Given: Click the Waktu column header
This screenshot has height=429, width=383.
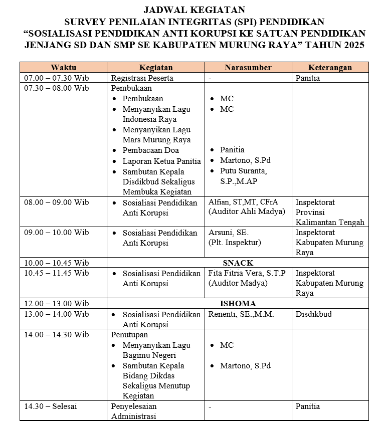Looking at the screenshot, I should click(63, 67).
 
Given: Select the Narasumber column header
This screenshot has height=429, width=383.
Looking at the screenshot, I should click(248, 67).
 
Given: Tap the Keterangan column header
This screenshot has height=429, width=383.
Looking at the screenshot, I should click(330, 67).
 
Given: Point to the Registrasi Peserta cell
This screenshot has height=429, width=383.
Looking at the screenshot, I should click(142, 78).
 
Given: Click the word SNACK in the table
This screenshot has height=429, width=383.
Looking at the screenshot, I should click(237, 263).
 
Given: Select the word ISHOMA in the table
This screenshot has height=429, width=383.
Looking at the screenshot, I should click(238, 304).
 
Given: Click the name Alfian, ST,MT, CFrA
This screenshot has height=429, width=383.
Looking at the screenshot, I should click(243, 202).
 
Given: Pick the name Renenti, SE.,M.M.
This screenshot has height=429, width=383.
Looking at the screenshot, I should click(241, 314).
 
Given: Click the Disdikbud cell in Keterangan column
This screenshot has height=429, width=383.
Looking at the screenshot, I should click(313, 314).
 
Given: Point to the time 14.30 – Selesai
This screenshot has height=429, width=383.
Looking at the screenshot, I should click(51, 406).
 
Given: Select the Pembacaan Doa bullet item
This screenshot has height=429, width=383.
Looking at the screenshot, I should click(150, 150).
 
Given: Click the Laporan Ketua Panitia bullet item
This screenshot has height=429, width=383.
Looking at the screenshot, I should click(161, 161).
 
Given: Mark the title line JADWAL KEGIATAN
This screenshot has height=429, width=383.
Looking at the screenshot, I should click(194, 10).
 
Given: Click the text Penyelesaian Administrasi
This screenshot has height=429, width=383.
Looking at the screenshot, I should click(134, 411).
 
